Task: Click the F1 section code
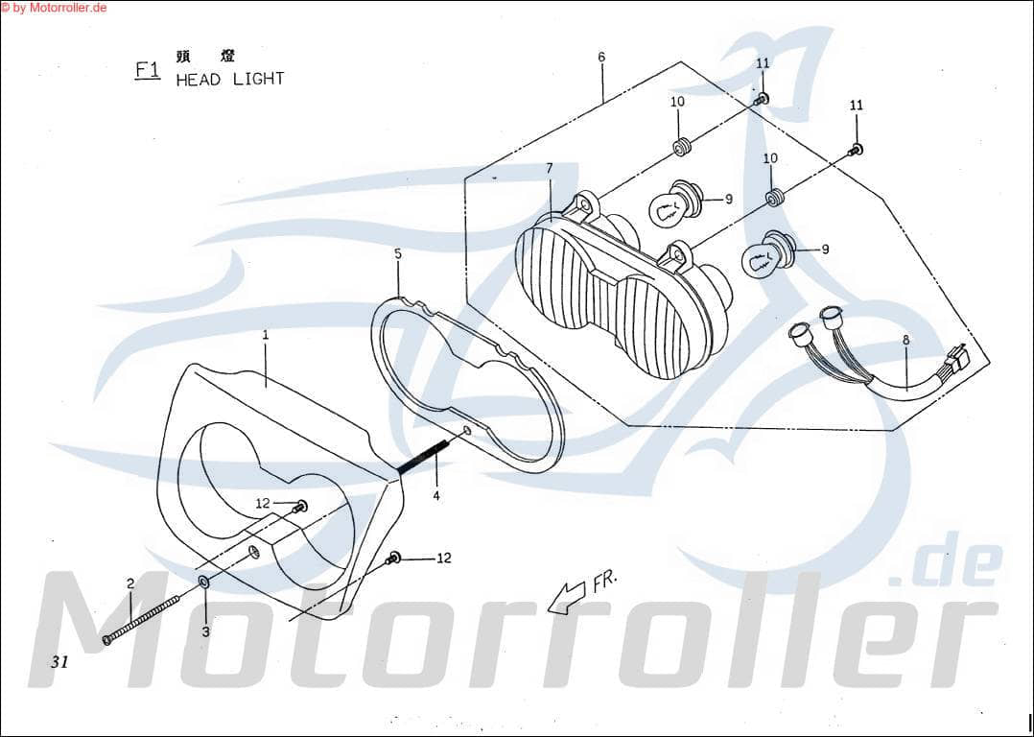point(147,70)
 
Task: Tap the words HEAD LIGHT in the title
point(230,80)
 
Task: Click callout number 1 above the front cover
point(266,335)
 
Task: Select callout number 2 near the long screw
point(129,583)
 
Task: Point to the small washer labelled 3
point(204,583)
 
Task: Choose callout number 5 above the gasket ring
point(397,253)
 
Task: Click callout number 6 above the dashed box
point(601,57)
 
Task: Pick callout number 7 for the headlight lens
point(550,169)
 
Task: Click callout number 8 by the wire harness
point(906,340)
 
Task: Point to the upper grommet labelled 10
point(682,147)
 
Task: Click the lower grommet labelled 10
point(774,199)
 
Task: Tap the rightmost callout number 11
point(857,105)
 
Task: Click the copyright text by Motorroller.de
point(54,8)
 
